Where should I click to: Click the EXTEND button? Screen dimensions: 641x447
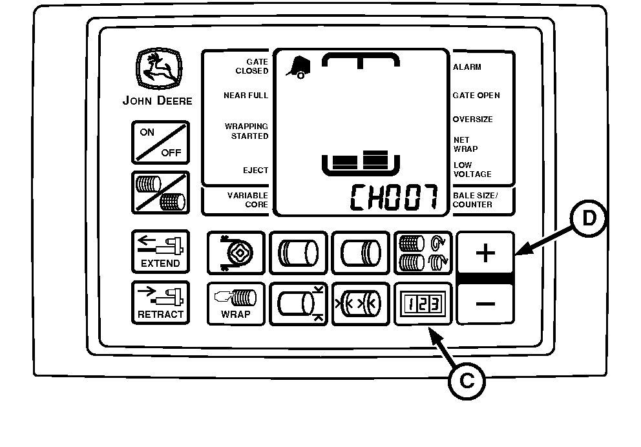pos(160,252)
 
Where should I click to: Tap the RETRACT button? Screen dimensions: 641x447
pos(160,303)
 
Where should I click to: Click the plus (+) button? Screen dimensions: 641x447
pos(485,253)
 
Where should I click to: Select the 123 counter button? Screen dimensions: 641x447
pos(423,304)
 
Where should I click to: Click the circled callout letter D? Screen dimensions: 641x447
pos(589,218)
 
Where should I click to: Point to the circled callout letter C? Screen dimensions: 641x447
pos(467,381)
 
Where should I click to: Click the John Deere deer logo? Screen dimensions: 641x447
pos(159,68)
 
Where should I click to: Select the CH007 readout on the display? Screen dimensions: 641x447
pos(394,198)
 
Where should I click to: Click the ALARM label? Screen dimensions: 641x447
pos(467,67)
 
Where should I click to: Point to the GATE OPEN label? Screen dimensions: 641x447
pos(476,96)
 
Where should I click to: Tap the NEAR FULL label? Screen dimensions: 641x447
pos(246,96)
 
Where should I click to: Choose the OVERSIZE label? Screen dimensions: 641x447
pos(472,120)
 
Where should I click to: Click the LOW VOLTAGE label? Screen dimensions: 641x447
pos(472,170)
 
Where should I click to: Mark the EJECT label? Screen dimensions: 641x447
pos(255,171)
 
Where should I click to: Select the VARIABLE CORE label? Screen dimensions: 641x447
pos(247,200)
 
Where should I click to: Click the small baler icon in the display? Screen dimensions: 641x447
pos(298,68)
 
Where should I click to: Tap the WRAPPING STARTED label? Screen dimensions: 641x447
pos(246,131)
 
